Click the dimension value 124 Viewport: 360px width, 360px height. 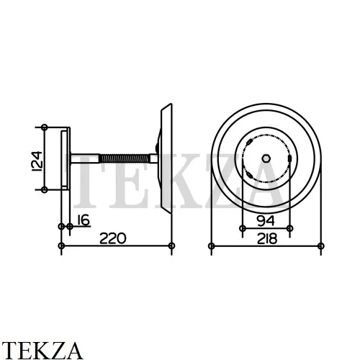tap(37, 161)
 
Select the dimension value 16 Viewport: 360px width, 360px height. tap(84, 220)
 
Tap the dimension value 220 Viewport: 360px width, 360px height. tap(113, 238)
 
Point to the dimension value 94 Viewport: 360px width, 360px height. tap(266, 221)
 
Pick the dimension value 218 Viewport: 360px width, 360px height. tap(267, 239)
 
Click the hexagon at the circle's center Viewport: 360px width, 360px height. tap(266, 158)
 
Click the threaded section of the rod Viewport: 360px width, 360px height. tap(125, 158)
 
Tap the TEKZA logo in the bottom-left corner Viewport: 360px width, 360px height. tap(42, 351)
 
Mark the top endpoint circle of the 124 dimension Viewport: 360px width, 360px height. tap(45, 127)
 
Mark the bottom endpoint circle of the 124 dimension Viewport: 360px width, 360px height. tap(44, 190)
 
